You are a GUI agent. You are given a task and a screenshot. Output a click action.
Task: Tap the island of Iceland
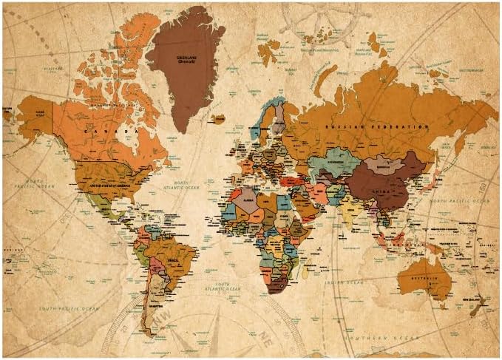[217, 118]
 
